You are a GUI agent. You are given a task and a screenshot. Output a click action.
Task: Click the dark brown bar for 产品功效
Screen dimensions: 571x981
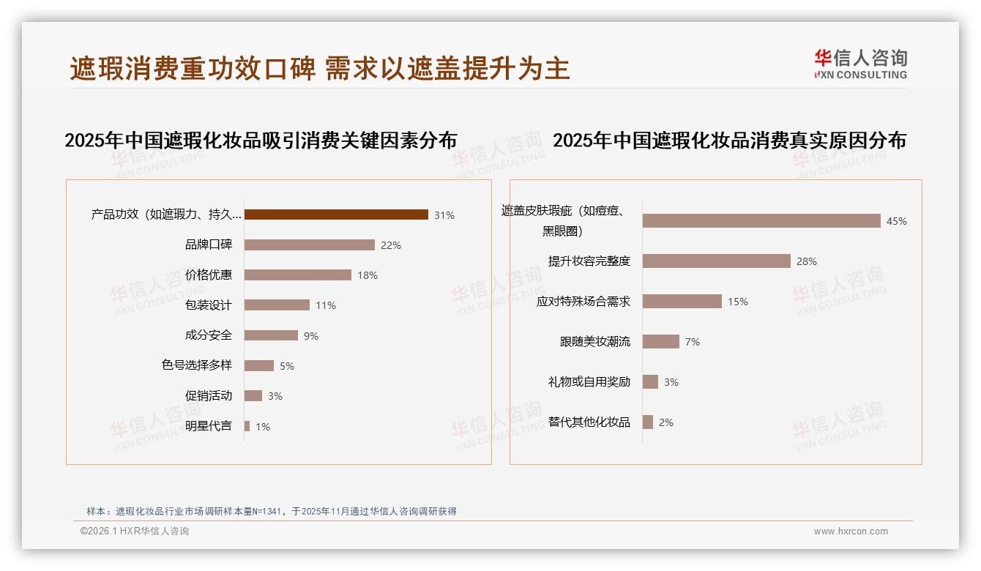(x=336, y=214)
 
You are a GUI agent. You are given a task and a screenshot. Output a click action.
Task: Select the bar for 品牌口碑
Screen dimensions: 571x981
(x=309, y=245)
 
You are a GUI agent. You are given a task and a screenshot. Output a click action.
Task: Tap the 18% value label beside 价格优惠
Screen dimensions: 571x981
(x=368, y=276)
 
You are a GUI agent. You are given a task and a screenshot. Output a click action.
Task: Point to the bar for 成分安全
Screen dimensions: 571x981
(x=271, y=335)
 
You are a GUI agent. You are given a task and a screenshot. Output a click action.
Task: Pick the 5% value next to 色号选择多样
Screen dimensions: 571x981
(x=287, y=366)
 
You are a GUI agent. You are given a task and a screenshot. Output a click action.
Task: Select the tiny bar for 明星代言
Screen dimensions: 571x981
(x=247, y=426)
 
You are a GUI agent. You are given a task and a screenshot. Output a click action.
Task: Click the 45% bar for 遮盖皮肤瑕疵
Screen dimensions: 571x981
(x=761, y=221)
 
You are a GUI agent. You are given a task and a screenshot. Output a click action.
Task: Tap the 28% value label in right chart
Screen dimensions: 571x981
(x=807, y=261)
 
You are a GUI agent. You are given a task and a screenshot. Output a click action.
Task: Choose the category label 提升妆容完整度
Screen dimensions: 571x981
(x=589, y=261)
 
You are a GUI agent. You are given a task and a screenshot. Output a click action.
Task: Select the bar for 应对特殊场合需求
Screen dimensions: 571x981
(x=682, y=302)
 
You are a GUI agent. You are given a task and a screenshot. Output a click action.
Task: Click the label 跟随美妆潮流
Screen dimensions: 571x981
(x=594, y=342)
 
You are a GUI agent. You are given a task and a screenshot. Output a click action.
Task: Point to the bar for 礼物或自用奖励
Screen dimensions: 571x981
(x=650, y=382)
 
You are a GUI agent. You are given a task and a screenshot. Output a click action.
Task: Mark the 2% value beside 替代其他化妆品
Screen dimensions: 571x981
(x=665, y=422)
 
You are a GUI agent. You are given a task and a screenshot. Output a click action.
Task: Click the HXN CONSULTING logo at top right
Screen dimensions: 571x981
(x=861, y=64)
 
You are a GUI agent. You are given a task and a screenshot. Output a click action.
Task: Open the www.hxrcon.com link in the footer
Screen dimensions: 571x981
(x=851, y=531)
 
